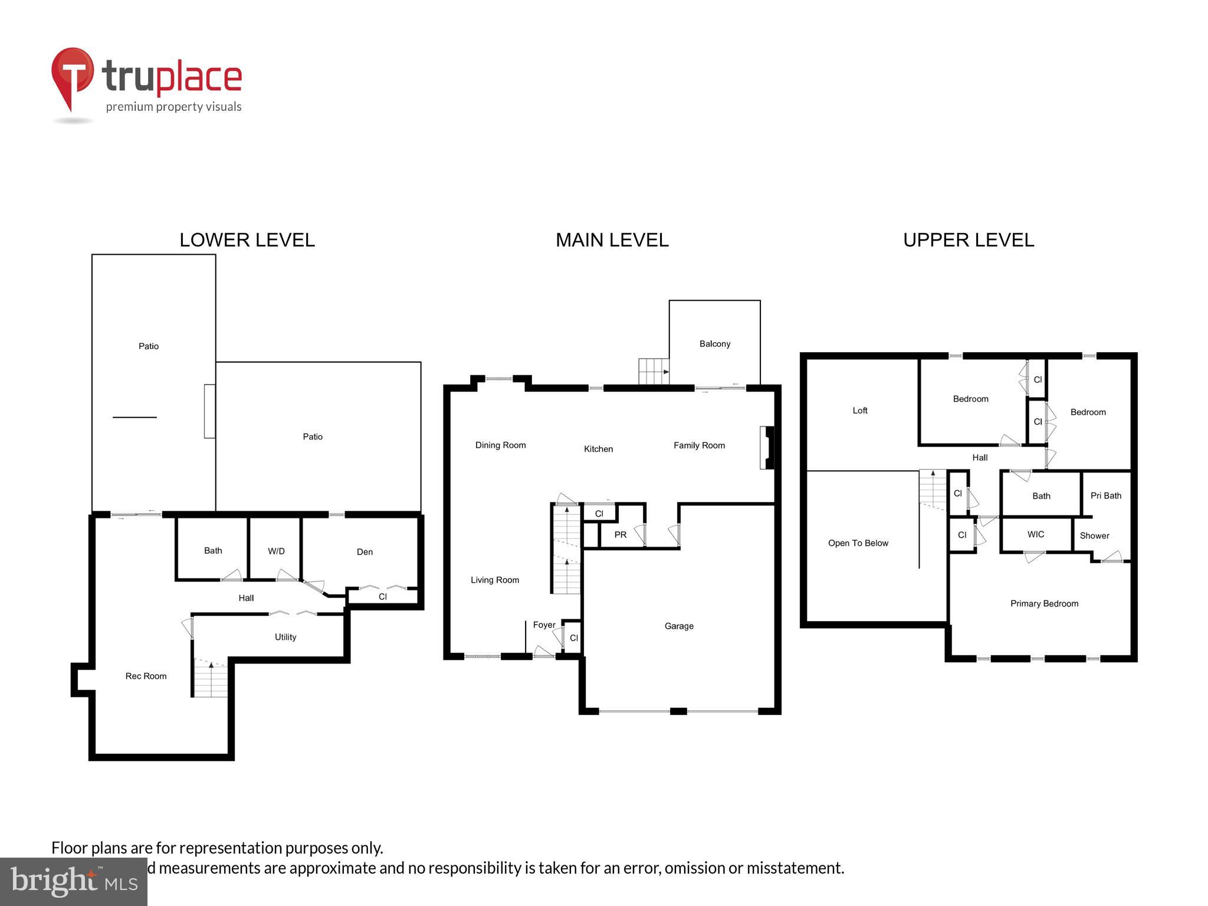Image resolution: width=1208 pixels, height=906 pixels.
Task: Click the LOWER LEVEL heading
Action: coord(247,240)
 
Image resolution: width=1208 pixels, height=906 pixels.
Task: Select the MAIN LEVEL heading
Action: coord(612,240)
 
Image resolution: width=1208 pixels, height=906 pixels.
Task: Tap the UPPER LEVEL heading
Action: coord(969,240)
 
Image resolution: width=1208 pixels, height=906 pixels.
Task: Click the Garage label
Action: coord(679,626)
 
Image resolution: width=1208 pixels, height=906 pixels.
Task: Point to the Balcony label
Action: coord(715,344)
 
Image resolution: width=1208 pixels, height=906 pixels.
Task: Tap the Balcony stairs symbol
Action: coord(654,372)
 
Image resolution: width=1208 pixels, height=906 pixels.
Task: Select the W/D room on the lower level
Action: coord(276,551)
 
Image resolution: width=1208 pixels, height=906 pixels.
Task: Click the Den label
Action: coord(365,552)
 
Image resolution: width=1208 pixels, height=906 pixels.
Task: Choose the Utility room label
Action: coord(285,637)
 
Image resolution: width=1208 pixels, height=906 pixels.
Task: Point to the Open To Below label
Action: coord(858,543)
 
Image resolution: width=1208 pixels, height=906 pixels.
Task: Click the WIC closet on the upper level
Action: coord(1036,534)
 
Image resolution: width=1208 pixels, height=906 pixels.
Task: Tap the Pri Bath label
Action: coord(1105,496)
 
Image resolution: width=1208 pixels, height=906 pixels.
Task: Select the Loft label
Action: coord(860,411)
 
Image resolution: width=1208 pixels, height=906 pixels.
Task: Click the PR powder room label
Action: coord(620,535)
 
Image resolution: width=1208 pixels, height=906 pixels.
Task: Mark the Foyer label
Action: coord(544,625)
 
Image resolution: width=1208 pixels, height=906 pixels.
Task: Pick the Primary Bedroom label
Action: coord(1044,603)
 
